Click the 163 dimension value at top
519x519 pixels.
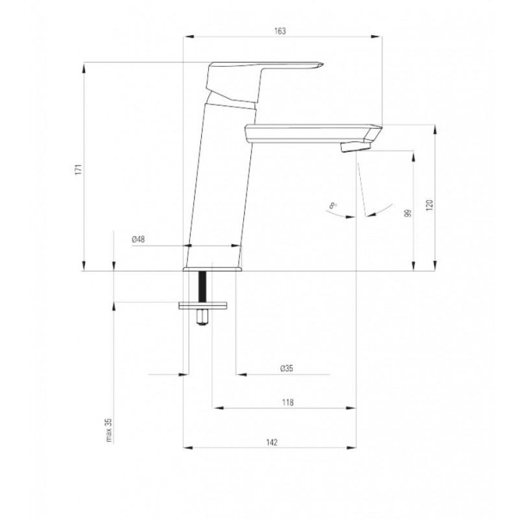(x=280, y=30)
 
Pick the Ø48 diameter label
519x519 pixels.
(x=138, y=239)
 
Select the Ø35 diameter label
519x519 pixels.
(x=287, y=368)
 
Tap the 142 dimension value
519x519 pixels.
(x=272, y=442)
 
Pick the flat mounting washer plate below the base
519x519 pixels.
(x=204, y=305)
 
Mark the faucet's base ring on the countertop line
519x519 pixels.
(x=212, y=268)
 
